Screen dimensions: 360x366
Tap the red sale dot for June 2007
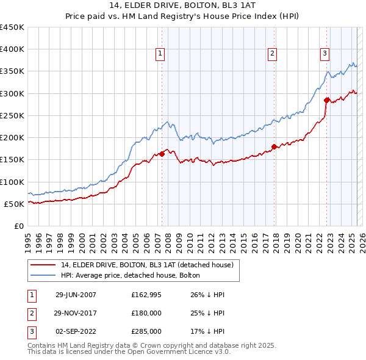click(x=162, y=154)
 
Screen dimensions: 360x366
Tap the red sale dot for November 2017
click(x=274, y=146)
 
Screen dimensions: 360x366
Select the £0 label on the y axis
click(x=18, y=226)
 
